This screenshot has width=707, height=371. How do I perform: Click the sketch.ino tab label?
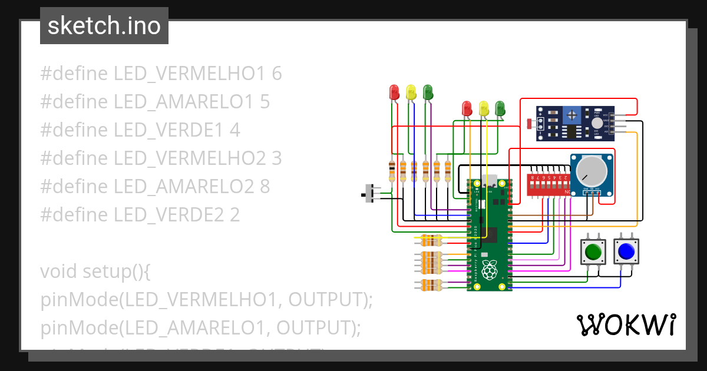pyautogui.click(x=104, y=26)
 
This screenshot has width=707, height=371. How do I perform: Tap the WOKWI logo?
pyautogui.click(x=626, y=324)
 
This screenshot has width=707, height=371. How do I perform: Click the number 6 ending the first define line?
pyautogui.click(x=276, y=74)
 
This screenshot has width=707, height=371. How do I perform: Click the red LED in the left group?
pyautogui.click(x=394, y=92)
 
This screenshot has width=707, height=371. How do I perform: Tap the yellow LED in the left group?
pyautogui.click(x=411, y=92)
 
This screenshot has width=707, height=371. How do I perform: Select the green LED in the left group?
pyautogui.click(x=428, y=92)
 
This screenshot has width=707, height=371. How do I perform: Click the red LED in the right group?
pyautogui.click(x=467, y=108)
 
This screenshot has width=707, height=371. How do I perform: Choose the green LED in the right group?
pyautogui.click(x=500, y=108)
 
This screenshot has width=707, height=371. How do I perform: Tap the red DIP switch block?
pyautogui.click(x=549, y=185)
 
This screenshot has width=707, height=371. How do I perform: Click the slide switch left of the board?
pyautogui.click(x=372, y=193)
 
